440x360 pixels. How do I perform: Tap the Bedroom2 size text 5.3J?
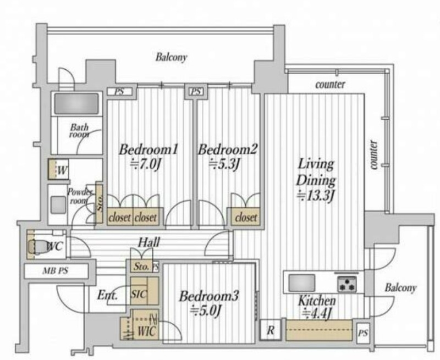click(224, 164)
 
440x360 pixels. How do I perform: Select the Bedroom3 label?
click(209, 296)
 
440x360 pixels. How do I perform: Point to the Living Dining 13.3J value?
click(316, 196)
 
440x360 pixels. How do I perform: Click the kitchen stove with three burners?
click(347, 284)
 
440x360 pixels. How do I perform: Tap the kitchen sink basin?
click(301, 283)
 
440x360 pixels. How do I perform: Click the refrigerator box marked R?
click(270, 330)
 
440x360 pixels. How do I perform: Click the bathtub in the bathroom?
click(76, 103)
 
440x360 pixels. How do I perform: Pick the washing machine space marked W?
click(58, 169)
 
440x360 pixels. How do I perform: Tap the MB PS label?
click(56, 271)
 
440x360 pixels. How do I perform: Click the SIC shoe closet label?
click(139, 294)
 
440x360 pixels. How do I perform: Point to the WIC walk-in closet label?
click(146, 331)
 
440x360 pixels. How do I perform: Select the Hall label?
click(149, 242)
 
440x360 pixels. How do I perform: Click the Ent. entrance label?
click(107, 295)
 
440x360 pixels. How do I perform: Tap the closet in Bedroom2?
click(246, 217)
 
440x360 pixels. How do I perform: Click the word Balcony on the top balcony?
click(171, 57)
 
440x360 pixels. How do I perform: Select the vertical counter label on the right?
click(374, 155)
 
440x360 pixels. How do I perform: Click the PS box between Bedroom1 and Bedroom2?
click(196, 91)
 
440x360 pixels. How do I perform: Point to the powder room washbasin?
click(58, 204)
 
